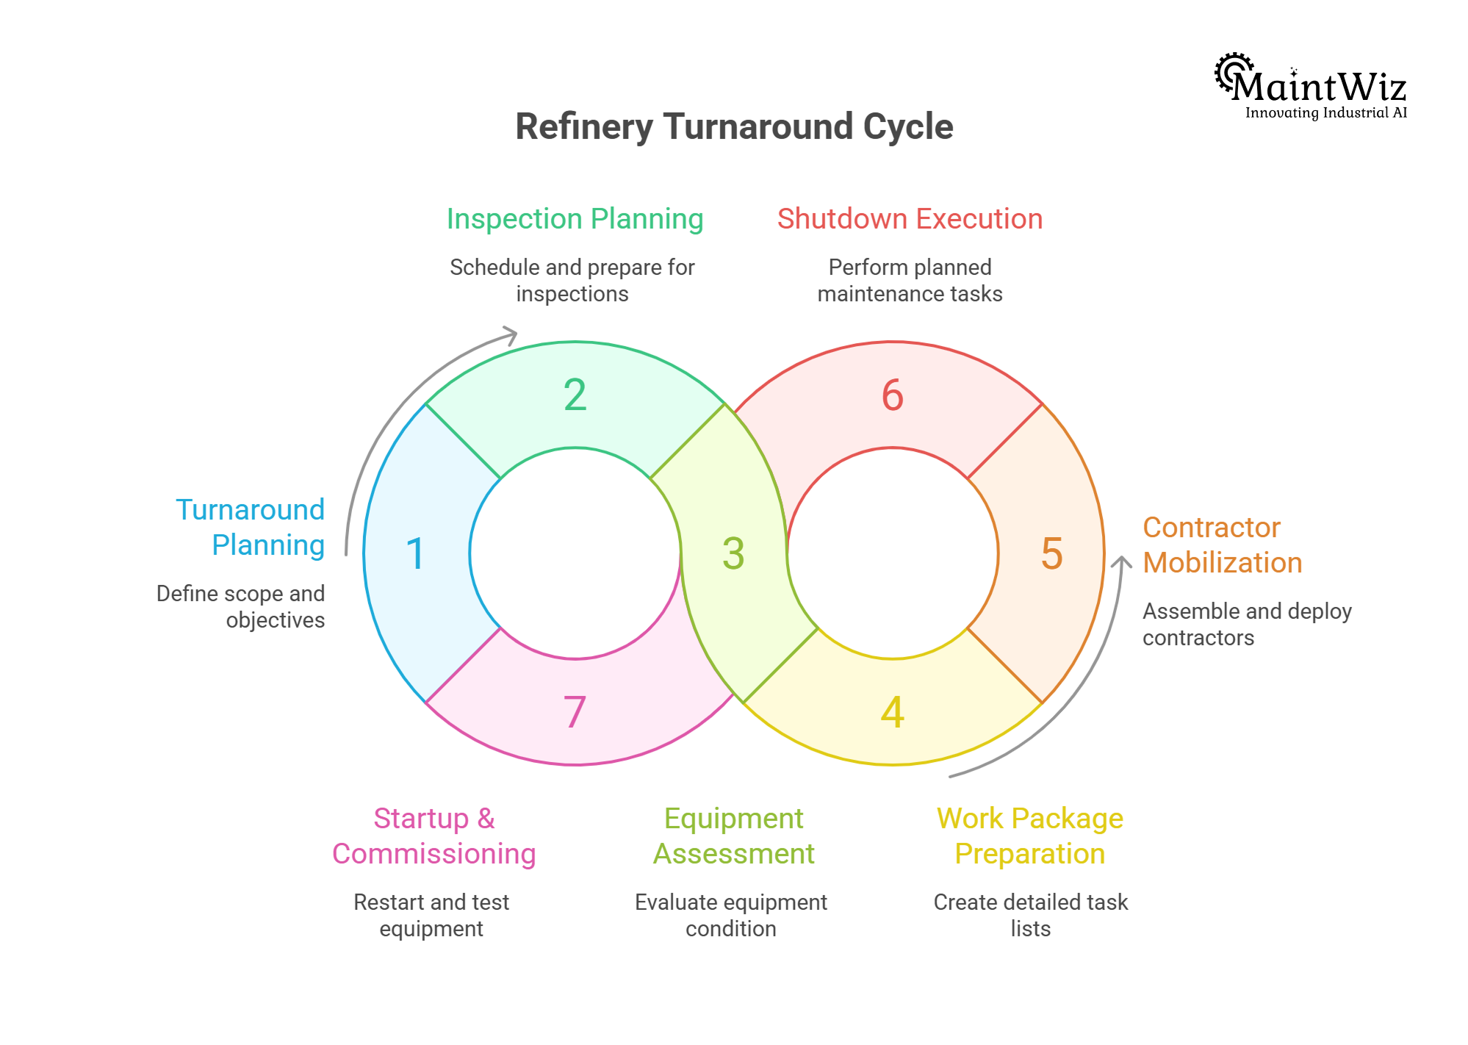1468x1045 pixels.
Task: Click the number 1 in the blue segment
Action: pos(416,553)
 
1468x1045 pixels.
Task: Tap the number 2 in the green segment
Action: pos(575,395)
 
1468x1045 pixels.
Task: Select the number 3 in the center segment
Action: pos(733,553)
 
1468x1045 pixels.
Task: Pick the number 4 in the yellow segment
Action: pos(892,712)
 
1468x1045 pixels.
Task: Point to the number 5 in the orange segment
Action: pos(1051,553)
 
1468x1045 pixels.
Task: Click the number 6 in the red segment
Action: pos(892,395)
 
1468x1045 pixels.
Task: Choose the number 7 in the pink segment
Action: pos(575,712)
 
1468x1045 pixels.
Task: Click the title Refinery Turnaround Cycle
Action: pos(734,126)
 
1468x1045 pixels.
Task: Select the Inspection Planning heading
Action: pos(575,219)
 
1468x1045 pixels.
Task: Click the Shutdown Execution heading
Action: pos(910,219)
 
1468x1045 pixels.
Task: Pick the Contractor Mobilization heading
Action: pos(1222,545)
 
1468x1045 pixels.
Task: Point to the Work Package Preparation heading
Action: pos(1029,836)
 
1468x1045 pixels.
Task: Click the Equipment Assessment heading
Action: pos(733,836)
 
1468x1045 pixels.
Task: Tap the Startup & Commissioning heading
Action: pos(433,836)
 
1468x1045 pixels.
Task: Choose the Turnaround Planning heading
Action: pos(251,527)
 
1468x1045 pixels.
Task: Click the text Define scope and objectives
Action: pos(241,606)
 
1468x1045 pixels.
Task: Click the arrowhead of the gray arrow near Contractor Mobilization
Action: pos(1121,563)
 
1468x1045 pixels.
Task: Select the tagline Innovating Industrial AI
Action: pos(1325,112)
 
